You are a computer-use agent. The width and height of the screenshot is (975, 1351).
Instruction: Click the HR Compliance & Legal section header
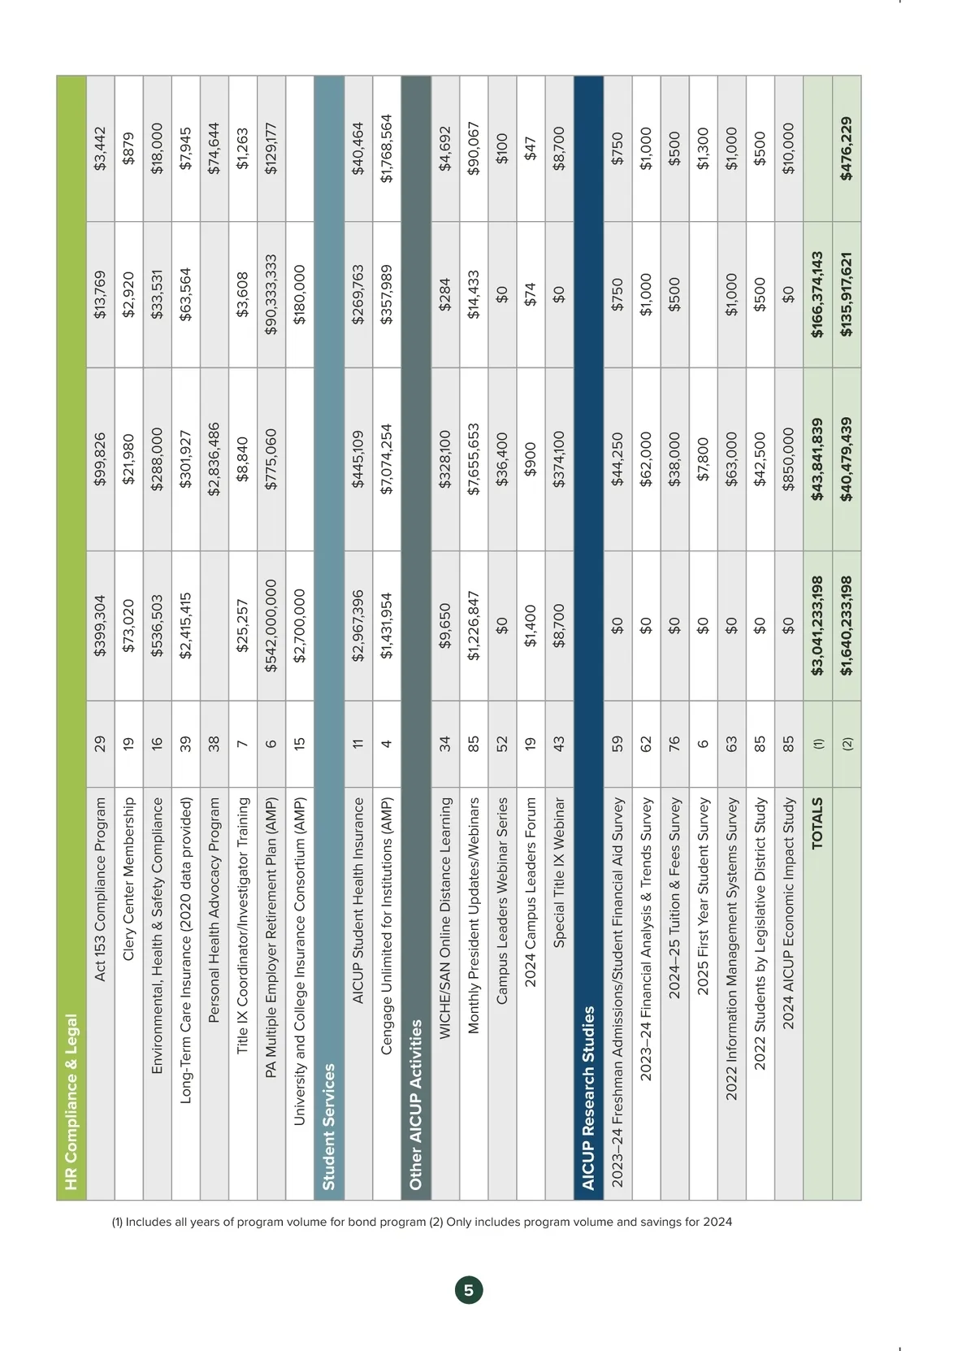coord(71,1101)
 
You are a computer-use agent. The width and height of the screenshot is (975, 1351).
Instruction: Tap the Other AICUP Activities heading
coord(415,1105)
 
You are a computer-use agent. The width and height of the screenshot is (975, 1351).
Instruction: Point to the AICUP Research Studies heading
coord(588,1097)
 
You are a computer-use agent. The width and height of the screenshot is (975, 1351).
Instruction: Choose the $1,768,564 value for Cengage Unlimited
coord(387,148)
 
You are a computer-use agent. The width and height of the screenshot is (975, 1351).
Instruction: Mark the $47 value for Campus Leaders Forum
coord(531,148)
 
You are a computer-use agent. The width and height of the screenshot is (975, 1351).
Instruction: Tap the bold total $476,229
coord(847,148)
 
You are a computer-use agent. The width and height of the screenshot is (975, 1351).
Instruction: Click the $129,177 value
coord(271,148)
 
